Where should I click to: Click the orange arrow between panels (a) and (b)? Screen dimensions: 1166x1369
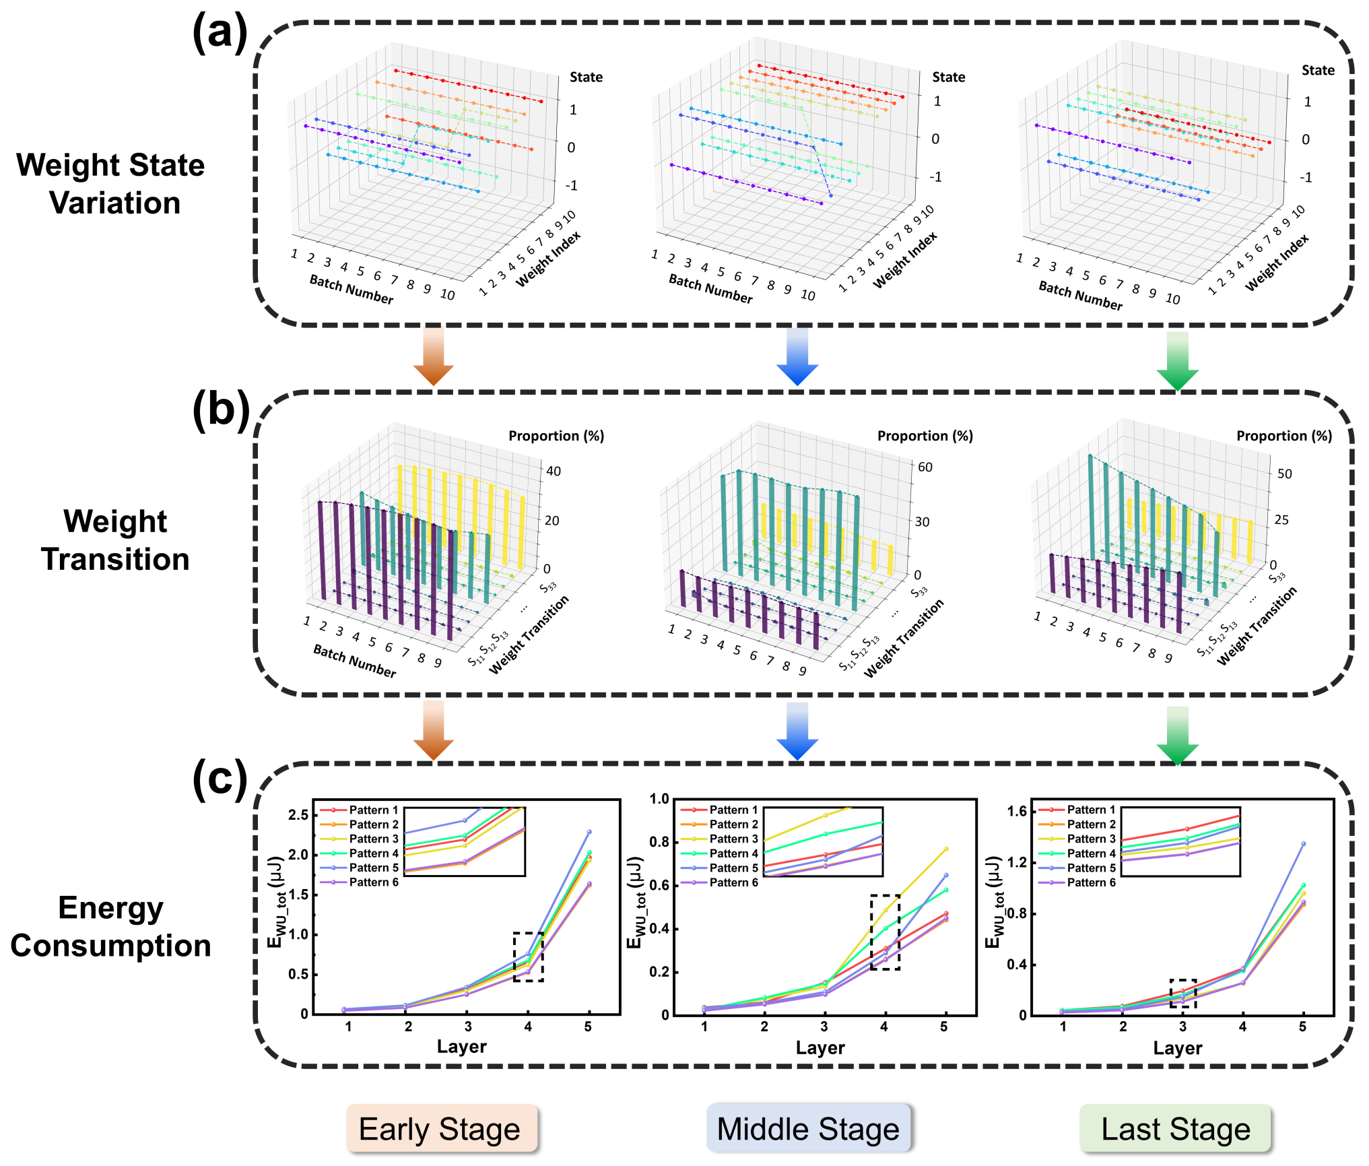click(x=433, y=357)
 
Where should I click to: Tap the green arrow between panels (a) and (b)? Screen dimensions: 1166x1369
click(x=1177, y=360)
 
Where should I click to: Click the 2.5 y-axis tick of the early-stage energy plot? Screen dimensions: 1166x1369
click(x=298, y=815)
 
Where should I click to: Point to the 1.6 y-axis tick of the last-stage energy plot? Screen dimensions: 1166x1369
click(x=1017, y=811)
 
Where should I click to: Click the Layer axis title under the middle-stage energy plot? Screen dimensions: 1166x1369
click(x=820, y=1047)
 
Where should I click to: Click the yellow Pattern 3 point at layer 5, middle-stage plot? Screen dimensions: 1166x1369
click(x=945, y=849)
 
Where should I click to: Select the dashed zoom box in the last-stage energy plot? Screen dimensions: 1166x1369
click(x=1182, y=994)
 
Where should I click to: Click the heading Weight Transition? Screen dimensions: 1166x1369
click(x=115, y=540)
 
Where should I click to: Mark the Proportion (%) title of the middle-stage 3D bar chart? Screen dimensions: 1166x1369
click(x=925, y=436)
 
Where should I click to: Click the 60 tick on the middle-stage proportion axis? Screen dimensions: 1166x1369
click(x=925, y=467)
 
